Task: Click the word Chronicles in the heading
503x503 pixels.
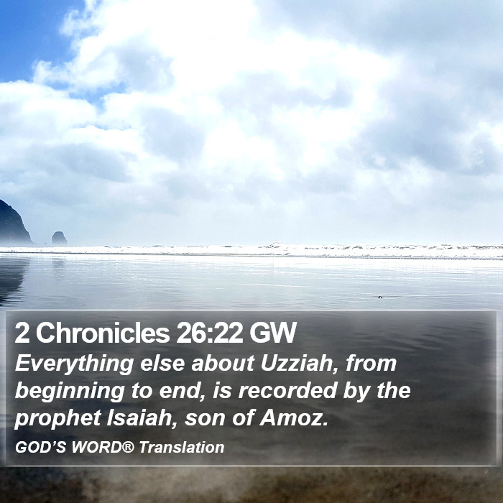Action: (x=103, y=333)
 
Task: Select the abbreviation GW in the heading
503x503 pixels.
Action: (x=272, y=333)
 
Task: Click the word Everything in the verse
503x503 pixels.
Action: (x=74, y=364)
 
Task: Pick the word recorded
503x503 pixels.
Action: (x=287, y=390)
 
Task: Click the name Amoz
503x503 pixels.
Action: (x=294, y=418)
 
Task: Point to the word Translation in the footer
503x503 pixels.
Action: (x=182, y=447)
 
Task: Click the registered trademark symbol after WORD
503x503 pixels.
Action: (x=128, y=446)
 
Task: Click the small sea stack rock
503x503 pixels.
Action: (x=60, y=239)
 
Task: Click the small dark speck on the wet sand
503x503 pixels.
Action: (x=380, y=297)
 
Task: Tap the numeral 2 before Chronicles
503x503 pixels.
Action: (x=22, y=333)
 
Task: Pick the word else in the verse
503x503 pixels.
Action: (x=162, y=363)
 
